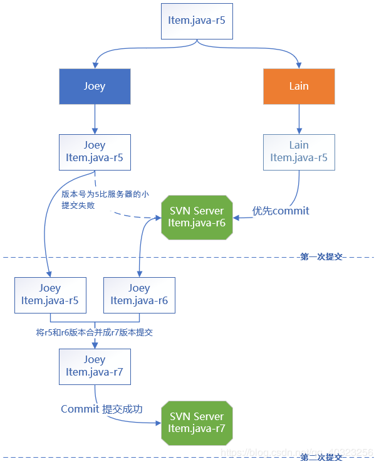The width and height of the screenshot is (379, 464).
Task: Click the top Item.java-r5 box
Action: (196, 20)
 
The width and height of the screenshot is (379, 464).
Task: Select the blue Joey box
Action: (95, 86)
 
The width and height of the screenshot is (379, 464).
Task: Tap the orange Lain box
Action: (299, 86)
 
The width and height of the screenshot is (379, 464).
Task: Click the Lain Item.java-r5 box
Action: (299, 152)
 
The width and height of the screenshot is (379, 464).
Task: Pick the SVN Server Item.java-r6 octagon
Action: (197, 217)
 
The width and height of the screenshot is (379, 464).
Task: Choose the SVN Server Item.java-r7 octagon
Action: (197, 423)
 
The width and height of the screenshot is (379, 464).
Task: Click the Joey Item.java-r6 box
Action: (139, 295)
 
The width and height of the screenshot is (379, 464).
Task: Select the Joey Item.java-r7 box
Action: (95, 366)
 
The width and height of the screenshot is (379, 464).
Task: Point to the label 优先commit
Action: (281, 211)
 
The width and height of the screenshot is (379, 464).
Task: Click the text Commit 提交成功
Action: (101, 409)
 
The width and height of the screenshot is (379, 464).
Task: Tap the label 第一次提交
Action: (321, 256)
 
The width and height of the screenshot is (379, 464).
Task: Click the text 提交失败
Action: (78, 205)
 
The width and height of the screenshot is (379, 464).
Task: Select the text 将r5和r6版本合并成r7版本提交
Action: (95, 332)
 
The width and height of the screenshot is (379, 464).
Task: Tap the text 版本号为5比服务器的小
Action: (105, 194)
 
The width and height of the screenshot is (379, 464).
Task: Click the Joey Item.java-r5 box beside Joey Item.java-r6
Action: (49, 295)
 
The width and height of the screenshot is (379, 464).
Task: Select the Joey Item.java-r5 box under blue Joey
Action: (95, 152)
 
